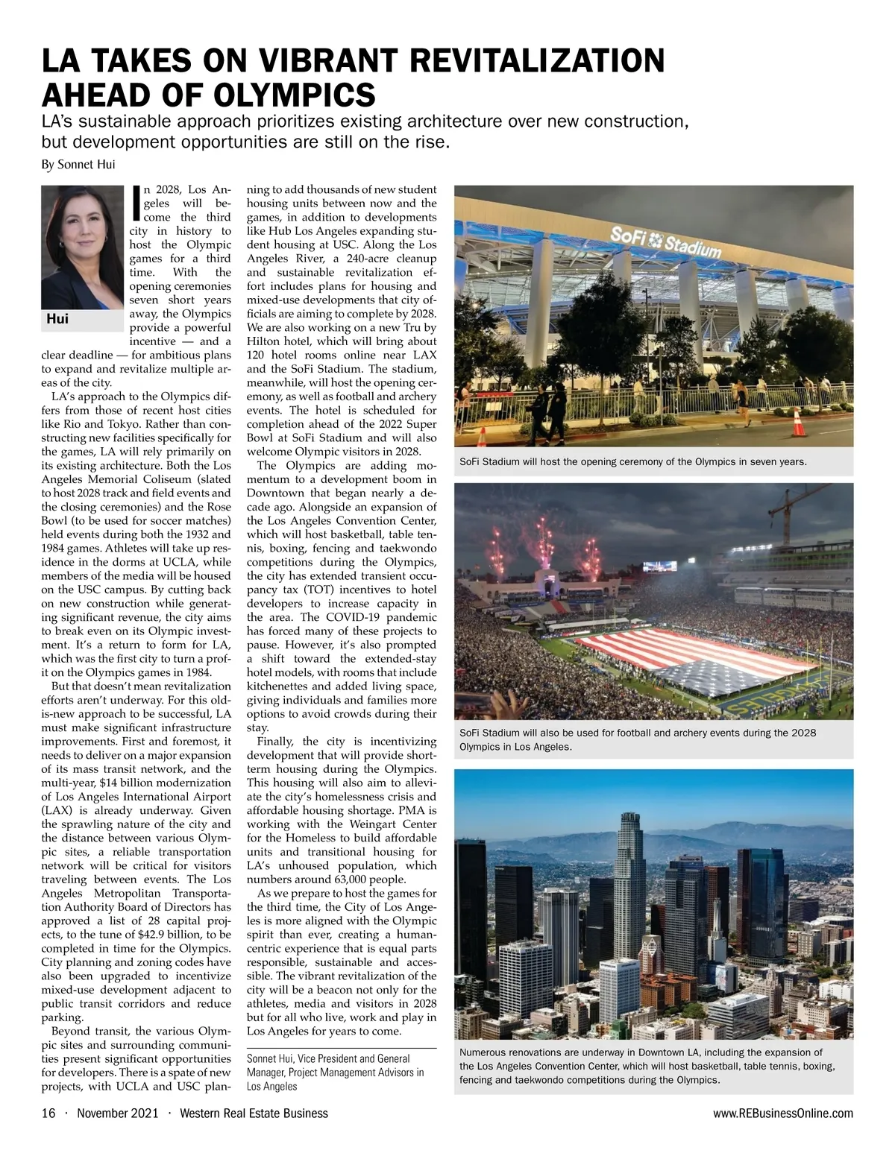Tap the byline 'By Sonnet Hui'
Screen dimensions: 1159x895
(78, 164)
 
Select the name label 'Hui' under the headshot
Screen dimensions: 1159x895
(57, 319)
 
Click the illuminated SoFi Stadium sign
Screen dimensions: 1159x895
(666, 241)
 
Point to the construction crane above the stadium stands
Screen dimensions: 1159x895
(788, 522)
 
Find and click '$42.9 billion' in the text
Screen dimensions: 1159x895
(165, 935)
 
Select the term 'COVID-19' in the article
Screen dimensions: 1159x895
(332, 617)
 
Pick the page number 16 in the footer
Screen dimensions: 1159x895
(48, 1114)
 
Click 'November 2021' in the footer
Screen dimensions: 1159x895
(118, 1114)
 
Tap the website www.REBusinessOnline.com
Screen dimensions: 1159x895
(782, 1114)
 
